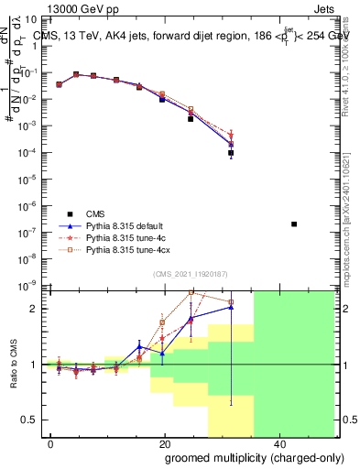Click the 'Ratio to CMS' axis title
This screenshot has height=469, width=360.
[12, 376]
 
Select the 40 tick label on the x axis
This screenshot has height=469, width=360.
[278, 442]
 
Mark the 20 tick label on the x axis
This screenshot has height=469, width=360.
[165, 442]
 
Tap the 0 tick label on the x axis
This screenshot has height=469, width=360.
[51, 442]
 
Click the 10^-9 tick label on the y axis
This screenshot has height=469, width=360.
[29, 285]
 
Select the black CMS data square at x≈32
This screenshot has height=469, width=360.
[231, 154]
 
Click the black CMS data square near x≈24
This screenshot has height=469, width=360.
[191, 119]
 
